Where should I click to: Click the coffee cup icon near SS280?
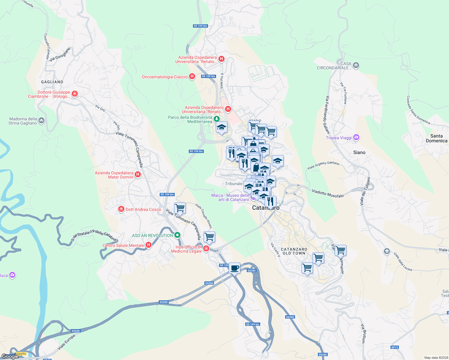(234, 267)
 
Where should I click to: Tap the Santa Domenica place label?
(436, 138)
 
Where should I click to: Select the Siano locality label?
(359, 152)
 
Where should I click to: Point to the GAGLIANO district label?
(52, 82)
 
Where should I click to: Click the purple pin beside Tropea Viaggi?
(356, 138)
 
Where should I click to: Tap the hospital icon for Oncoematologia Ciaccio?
(192, 77)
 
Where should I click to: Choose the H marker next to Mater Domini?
(138, 174)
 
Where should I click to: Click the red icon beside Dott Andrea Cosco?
(121, 209)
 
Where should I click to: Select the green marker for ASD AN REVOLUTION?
(177, 235)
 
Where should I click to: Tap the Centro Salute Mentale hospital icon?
(148, 245)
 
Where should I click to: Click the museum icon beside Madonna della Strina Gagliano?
(41, 121)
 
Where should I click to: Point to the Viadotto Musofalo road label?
(328, 193)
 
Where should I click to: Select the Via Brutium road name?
(363, 333)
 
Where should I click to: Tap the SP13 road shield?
(395, 347)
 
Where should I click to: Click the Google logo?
(10, 356)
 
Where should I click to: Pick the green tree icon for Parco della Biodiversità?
(216, 119)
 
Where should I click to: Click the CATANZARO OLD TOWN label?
(294, 251)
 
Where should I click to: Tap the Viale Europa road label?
(66, 342)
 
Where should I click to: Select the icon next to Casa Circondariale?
(356, 65)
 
